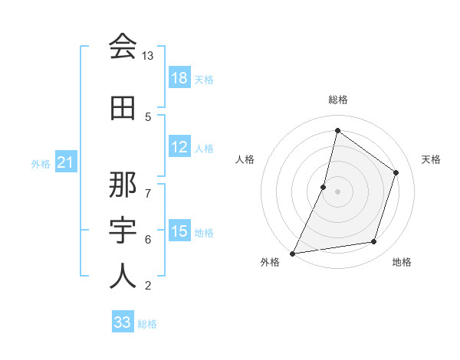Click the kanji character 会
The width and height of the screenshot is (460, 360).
123,47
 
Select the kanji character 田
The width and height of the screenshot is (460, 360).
123,109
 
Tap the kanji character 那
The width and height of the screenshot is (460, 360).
123,186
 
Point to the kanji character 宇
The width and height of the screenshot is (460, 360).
123,231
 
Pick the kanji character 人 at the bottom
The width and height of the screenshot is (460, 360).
123,277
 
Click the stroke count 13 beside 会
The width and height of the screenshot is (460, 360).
148,56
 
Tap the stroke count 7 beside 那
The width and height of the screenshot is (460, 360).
148,185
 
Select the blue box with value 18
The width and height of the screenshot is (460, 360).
179,78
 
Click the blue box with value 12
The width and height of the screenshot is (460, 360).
179,147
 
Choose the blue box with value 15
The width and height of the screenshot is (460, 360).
179,231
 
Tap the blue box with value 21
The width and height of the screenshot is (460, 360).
66,162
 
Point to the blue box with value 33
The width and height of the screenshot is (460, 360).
123,322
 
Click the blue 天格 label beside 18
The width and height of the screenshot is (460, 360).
204,79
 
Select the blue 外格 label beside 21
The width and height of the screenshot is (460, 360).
41,163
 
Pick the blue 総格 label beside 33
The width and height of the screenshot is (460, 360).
147,323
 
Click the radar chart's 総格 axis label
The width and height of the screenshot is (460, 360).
337,100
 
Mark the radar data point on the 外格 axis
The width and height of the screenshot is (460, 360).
292,253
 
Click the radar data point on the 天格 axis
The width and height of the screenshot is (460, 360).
396,172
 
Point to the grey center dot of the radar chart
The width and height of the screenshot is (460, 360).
337,191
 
